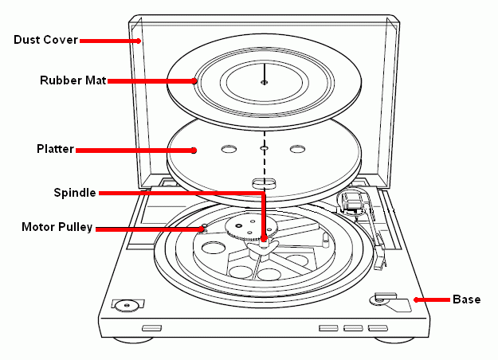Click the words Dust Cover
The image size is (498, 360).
pos(45,40)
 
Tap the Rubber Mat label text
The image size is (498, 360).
pos(73,80)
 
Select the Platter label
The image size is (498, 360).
pos(55,149)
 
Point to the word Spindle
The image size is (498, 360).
pos(75,192)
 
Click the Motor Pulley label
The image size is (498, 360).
pos(57,228)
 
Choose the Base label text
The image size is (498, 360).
pos(466,299)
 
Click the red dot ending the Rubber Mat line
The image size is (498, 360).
pos(194,80)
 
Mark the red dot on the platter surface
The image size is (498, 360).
pos(196,149)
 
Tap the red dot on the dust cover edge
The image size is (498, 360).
pos(139,40)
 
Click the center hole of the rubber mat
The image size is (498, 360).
pos(265,82)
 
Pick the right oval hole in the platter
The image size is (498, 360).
pos(298,149)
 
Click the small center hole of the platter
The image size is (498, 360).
pos(265,149)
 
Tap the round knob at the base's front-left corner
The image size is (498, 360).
pos(124,304)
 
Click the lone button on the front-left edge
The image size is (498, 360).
pos(151,328)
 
